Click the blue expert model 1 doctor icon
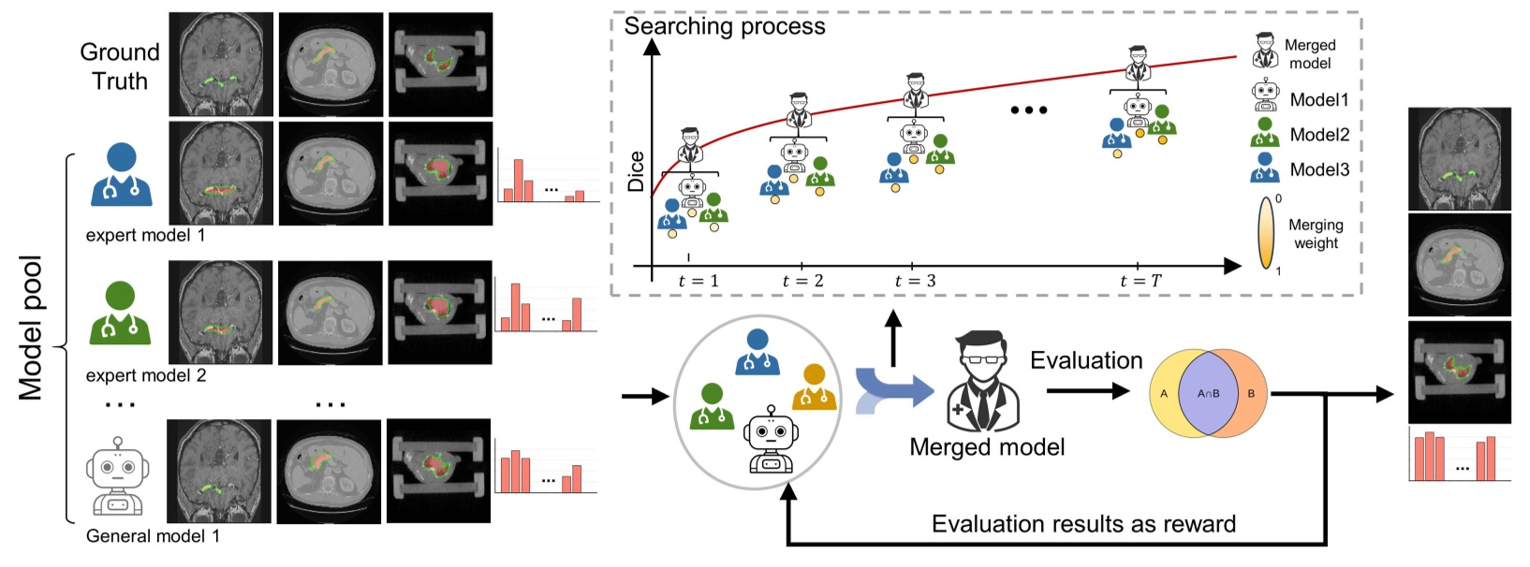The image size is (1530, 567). coord(122,175)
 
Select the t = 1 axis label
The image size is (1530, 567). coord(698,281)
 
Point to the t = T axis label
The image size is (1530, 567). coord(1140,281)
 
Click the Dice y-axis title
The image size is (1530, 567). coord(637,171)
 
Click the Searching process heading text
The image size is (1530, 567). coord(725,26)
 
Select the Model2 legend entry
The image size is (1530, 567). coord(1318,135)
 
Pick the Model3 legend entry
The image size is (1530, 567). coord(1318,169)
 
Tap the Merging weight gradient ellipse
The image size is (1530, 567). coord(1266,233)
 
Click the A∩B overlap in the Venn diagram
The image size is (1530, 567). coord(1208,394)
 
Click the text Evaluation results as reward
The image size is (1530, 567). coord(1083,524)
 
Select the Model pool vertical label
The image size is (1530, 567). coord(31,327)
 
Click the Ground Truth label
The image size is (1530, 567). coord(120,66)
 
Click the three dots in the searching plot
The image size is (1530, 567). coord(1028,110)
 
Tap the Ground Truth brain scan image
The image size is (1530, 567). coord(221,64)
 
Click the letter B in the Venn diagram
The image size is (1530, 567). coord(1251,394)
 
